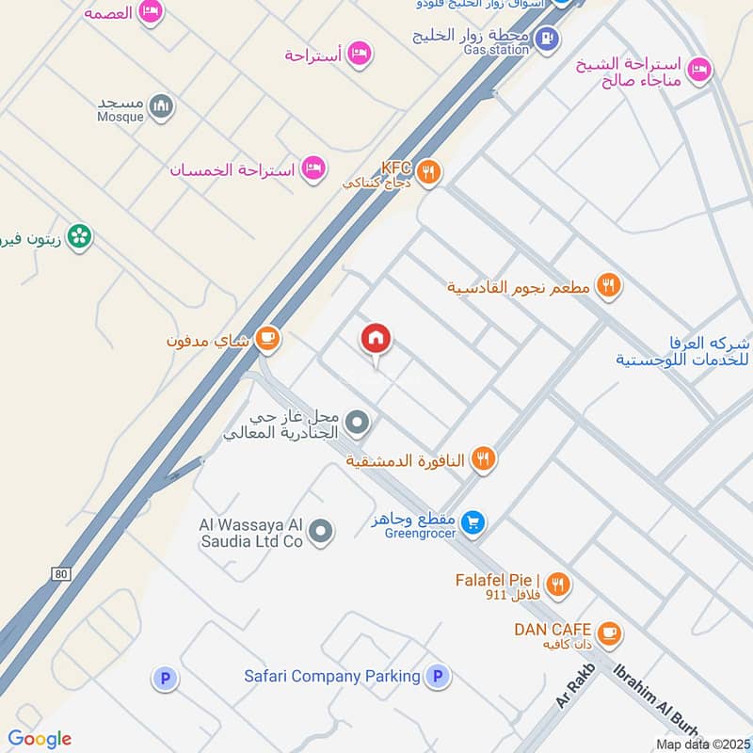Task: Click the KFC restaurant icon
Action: [x=428, y=171]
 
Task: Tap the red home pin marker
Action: [x=376, y=339]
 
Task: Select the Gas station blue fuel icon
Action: [x=546, y=39]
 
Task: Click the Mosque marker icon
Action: [x=162, y=106]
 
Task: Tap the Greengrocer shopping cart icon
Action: [x=474, y=521]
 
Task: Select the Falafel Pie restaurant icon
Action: [x=558, y=585]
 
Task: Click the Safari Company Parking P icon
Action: [x=436, y=676]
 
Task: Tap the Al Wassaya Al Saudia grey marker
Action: [x=321, y=533]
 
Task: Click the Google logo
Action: [x=40, y=739]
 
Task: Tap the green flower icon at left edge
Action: [x=80, y=235]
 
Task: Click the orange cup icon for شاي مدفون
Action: [x=267, y=339]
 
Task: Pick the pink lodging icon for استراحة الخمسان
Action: [x=313, y=169]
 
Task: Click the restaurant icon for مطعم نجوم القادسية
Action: [x=608, y=285]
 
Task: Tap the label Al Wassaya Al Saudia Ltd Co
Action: [x=251, y=533]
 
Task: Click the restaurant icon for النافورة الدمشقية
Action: [x=484, y=459]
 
